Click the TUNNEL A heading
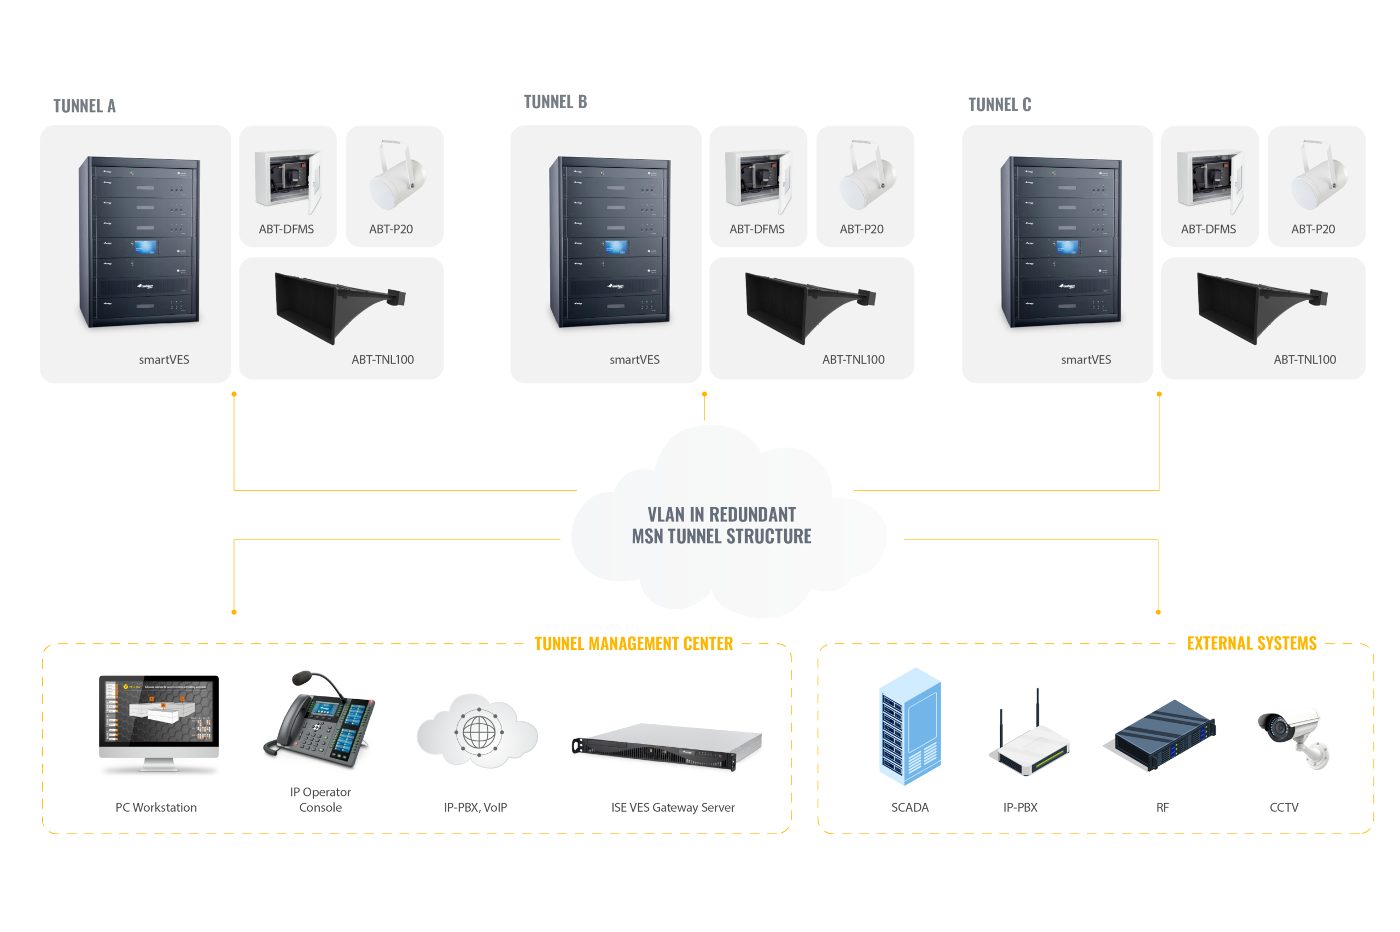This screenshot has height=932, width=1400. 84,106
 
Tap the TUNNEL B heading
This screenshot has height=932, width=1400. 555,102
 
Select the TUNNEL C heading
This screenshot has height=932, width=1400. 999,104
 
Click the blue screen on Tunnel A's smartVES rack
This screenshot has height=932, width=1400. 145,247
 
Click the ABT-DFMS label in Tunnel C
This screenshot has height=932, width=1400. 1207,229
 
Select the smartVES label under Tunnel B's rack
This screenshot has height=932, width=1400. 634,360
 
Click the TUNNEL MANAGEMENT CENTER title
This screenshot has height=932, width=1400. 633,644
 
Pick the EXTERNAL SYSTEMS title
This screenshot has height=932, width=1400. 1251,643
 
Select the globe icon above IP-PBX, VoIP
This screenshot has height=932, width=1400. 478,732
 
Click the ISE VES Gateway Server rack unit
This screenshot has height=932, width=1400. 666,746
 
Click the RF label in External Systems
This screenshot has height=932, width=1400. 1162,807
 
